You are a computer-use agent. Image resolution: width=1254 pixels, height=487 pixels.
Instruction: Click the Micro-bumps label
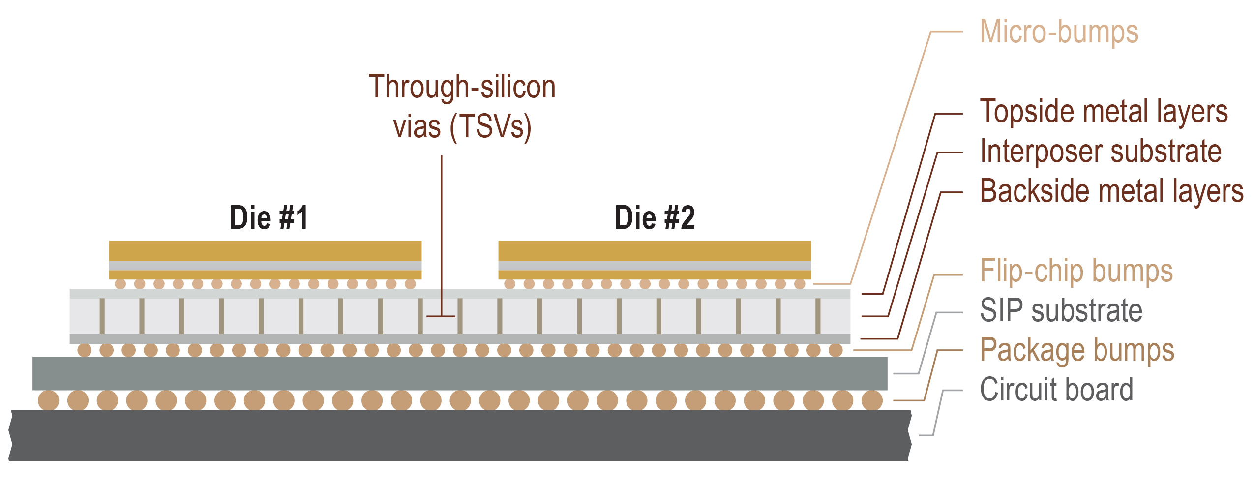(1059, 32)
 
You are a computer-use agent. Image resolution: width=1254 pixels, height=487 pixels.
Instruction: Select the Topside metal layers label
(1104, 112)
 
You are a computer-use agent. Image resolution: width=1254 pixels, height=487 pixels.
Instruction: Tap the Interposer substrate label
(1101, 152)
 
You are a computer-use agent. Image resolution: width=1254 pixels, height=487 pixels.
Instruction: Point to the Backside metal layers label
(1111, 191)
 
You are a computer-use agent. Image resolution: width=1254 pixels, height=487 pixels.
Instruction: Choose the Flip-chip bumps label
(1076, 271)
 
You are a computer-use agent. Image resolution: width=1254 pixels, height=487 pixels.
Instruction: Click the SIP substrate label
(1061, 310)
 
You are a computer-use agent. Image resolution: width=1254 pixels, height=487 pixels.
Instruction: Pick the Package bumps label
(1077, 350)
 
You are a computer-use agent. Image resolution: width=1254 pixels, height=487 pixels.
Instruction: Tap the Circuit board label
(1056, 390)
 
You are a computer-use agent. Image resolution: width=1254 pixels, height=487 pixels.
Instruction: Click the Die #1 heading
(269, 217)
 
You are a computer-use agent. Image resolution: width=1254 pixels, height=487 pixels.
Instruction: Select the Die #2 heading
(655, 217)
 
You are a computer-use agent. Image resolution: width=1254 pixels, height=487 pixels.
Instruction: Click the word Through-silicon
(462, 87)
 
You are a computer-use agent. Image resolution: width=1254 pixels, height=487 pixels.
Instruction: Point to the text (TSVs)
(490, 127)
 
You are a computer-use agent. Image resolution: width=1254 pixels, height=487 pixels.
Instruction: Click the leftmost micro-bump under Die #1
(120, 284)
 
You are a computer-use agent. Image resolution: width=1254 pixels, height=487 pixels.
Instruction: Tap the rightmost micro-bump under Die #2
(800, 284)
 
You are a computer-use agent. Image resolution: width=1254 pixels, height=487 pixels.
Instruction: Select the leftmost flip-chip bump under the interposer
(85, 350)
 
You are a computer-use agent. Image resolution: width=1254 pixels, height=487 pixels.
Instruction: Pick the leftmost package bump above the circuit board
(48, 400)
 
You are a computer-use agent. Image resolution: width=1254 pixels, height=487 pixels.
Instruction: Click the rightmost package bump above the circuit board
(872, 400)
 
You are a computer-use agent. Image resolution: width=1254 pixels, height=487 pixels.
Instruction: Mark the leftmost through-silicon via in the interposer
(102, 316)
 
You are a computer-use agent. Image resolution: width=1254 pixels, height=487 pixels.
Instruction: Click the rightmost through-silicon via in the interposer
(818, 316)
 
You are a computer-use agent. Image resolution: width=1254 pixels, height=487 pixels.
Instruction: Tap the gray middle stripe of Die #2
(655, 266)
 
